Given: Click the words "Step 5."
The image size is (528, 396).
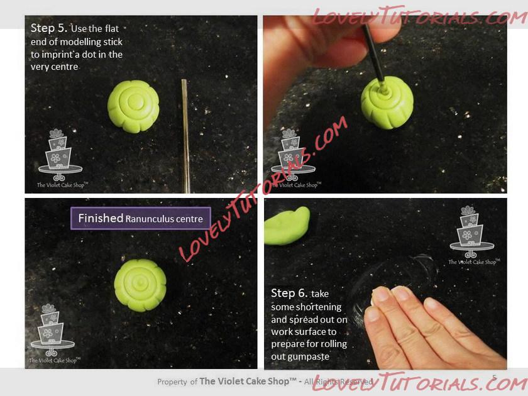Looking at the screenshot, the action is pos(49,28).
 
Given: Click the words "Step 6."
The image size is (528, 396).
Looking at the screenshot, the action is pos(289,294).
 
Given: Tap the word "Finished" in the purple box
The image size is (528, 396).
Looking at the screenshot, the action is pos(101,218).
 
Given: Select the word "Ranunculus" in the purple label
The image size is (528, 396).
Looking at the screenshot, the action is pos(150,219).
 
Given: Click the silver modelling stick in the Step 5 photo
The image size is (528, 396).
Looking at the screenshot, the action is pos(185,136).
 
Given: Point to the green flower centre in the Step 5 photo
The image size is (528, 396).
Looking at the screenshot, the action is pos(133,106).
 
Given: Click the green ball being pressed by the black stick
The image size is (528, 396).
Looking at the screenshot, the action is pos(387,102).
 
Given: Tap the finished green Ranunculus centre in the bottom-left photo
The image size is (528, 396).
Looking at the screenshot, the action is pos(140,285).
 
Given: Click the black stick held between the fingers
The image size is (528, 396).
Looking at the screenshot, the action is pos(373,54).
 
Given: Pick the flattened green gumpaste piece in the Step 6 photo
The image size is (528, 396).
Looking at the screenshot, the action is pos(287,226).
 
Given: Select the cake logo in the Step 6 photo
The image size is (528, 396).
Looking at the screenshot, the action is pos(473,235).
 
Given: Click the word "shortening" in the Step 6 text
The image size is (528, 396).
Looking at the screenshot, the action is pos(306,307).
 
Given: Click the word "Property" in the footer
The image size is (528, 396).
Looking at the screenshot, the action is pos(172,382).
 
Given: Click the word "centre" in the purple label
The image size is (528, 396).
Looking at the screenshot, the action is pos(190,219).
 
